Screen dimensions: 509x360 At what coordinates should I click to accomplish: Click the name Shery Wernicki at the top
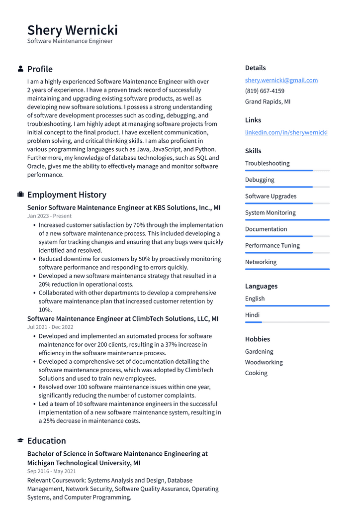[x=72, y=30]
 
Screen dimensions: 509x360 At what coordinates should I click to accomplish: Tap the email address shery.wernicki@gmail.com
[x=281, y=80]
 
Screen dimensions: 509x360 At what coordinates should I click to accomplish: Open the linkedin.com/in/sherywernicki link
[x=286, y=132]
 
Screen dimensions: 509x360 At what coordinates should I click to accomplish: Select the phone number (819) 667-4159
[x=265, y=91]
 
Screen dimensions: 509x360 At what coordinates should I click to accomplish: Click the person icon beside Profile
[x=20, y=69]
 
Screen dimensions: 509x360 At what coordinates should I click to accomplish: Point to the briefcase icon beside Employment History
[x=20, y=195]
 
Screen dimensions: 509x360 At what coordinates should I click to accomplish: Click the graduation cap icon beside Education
[x=20, y=440]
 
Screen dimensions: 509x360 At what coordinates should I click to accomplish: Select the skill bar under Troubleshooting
[x=287, y=171]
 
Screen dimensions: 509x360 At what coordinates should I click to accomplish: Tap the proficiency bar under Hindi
[x=287, y=322]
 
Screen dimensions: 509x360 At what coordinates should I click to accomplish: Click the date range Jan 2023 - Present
[x=49, y=216]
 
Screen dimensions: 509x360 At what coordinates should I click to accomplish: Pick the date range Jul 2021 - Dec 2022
[x=50, y=327]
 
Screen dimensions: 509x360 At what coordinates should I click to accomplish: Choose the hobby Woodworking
[x=264, y=362]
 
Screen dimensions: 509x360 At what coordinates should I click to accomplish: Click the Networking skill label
[x=261, y=262]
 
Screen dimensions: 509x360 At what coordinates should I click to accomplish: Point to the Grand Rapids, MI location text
[x=268, y=102]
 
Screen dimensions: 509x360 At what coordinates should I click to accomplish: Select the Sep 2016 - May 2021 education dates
[x=51, y=471]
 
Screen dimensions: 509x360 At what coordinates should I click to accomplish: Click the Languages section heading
[x=261, y=286]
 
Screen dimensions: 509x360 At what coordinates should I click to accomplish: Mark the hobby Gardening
[x=259, y=351]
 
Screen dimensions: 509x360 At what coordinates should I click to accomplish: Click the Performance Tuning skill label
[x=272, y=245]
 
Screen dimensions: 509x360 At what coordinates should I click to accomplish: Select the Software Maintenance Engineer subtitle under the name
[x=70, y=41]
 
